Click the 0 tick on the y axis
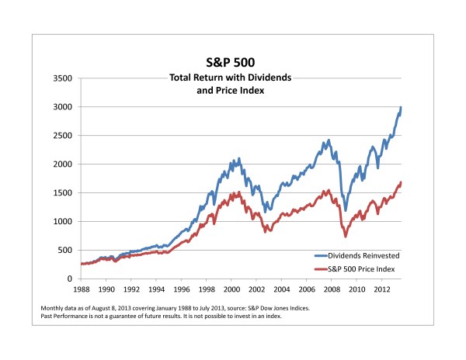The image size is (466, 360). pyautogui.click(x=69, y=279)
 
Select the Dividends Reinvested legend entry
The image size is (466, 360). pyautogui.click(x=363, y=254)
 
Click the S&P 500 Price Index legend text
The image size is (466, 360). pyautogui.click(x=364, y=268)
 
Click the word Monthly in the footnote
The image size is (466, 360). pyautogui.click(x=53, y=309)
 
